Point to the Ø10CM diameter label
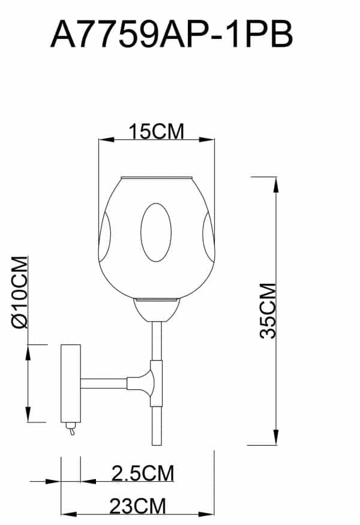pos(20,292)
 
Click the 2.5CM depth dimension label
pos(143,473)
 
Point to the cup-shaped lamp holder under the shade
pos(157,309)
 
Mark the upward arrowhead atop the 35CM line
pos(276,183)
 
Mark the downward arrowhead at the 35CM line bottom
pos(276,439)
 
